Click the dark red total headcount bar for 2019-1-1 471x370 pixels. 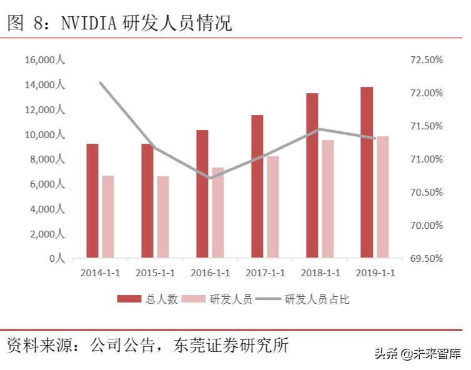pos(367,172)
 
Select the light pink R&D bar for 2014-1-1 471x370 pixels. pos(108,216)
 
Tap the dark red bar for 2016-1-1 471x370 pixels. pos(202,194)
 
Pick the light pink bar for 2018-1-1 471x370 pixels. pos(328,198)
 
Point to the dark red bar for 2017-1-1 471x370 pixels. pos(257,186)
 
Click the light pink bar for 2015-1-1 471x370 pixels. pos(163,217)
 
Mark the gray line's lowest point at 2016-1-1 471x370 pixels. pos(209,178)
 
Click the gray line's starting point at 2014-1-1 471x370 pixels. pos(101,82)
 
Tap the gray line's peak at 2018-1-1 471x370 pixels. pos(319,129)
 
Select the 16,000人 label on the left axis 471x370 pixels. pos(44,60)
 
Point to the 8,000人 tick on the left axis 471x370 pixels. pos(47,159)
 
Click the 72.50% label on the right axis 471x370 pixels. pos(426,60)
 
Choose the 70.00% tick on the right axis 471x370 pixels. pos(426,225)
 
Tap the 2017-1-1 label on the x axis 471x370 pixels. pos(265,273)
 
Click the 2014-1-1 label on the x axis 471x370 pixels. pos(101,273)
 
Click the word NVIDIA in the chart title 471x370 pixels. pos(89,24)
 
